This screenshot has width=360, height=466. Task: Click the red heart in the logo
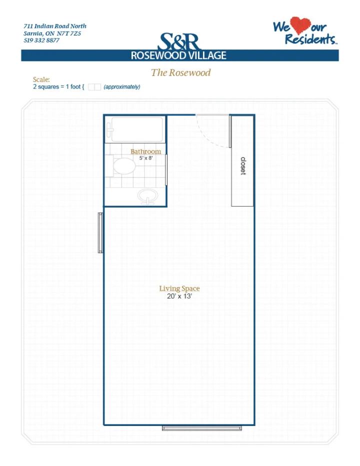(x=300, y=25)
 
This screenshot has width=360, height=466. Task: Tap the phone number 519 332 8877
(x=41, y=40)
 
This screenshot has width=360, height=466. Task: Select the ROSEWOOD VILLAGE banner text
(x=178, y=55)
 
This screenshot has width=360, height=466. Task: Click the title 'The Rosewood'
(x=180, y=72)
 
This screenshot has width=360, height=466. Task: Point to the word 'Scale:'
(x=41, y=79)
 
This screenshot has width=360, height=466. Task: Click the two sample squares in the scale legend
(x=94, y=87)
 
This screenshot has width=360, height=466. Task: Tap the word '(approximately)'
(x=122, y=87)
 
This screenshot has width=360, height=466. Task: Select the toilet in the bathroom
(x=121, y=166)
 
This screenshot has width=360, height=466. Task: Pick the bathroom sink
(x=147, y=196)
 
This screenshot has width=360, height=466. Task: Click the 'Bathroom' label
(x=145, y=151)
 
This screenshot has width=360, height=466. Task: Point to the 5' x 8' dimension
(x=146, y=158)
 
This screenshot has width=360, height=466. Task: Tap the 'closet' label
(x=243, y=166)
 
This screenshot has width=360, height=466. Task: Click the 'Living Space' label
(x=179, y=288)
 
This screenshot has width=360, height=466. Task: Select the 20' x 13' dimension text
(x=179, y=296)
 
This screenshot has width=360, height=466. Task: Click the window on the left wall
(x=100, y=232)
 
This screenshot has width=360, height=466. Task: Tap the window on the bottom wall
(x=202, y=428)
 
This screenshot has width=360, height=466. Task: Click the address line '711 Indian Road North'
(x=55, y=26)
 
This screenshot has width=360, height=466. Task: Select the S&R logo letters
(x=179, y=41)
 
